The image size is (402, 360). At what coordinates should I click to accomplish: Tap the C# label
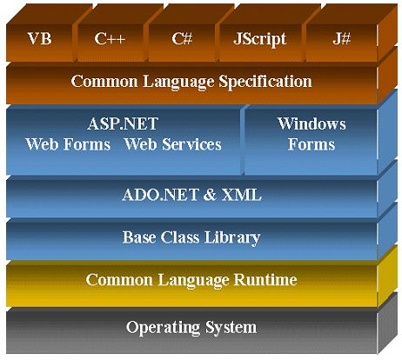(182, 38)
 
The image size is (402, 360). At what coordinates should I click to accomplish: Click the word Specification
(265, 81)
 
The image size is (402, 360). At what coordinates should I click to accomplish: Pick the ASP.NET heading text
(123, 123)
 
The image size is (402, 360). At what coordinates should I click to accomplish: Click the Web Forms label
(68, 144)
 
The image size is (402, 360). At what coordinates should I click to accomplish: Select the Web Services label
(172, 144)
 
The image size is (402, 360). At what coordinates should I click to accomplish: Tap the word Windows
(312, 123)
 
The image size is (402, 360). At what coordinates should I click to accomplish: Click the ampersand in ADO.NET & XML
(210, 195)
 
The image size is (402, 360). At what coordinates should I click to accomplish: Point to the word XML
(242, 195)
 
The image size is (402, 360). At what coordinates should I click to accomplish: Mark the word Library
(232, 237)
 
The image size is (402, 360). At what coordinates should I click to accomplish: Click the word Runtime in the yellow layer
(265, 280)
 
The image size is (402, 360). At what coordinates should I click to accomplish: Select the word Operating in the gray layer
(163, 328)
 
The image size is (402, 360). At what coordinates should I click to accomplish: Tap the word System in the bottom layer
(231, 328)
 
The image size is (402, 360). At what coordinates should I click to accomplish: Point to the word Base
(139, 237)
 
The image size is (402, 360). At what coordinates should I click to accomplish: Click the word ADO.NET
(160, 195)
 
